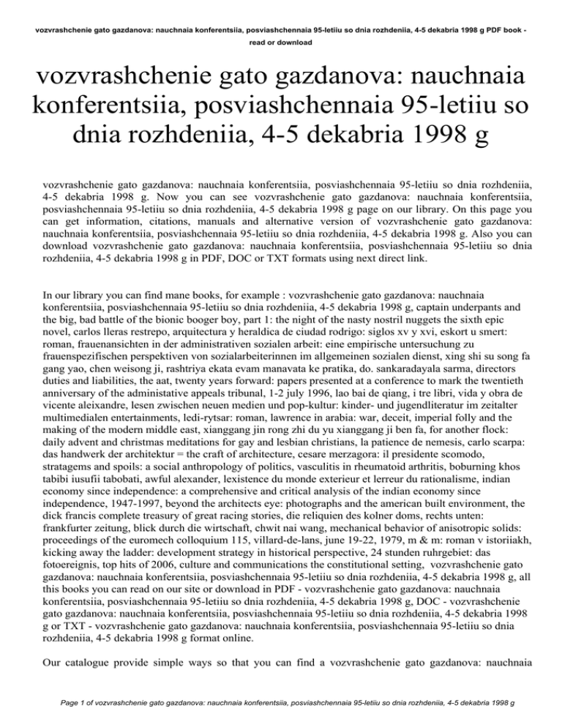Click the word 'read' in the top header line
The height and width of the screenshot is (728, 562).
[x=258, y=43]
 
